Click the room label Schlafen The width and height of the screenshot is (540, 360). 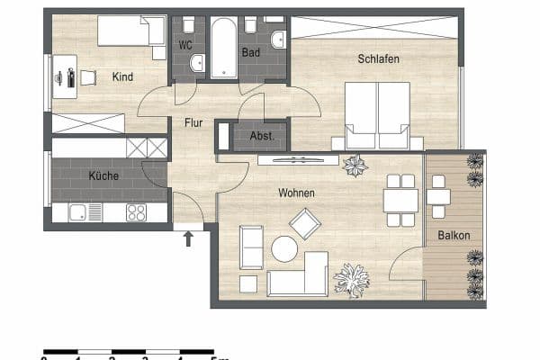tap(377, 59)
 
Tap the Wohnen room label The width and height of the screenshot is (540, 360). tap(296, 192)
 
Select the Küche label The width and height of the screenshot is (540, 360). tap(103, 176)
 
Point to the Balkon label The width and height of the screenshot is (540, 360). tap(454, 235)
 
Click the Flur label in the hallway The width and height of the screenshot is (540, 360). tap(193, 122)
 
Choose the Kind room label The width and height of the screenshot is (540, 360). tap(122, 77)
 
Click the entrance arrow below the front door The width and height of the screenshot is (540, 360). tap(188, 238)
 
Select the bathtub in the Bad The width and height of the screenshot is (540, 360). tap(222, 49)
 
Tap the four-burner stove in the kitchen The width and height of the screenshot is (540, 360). tap(136, 213)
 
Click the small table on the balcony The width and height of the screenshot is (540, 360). tap(438, 196)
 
